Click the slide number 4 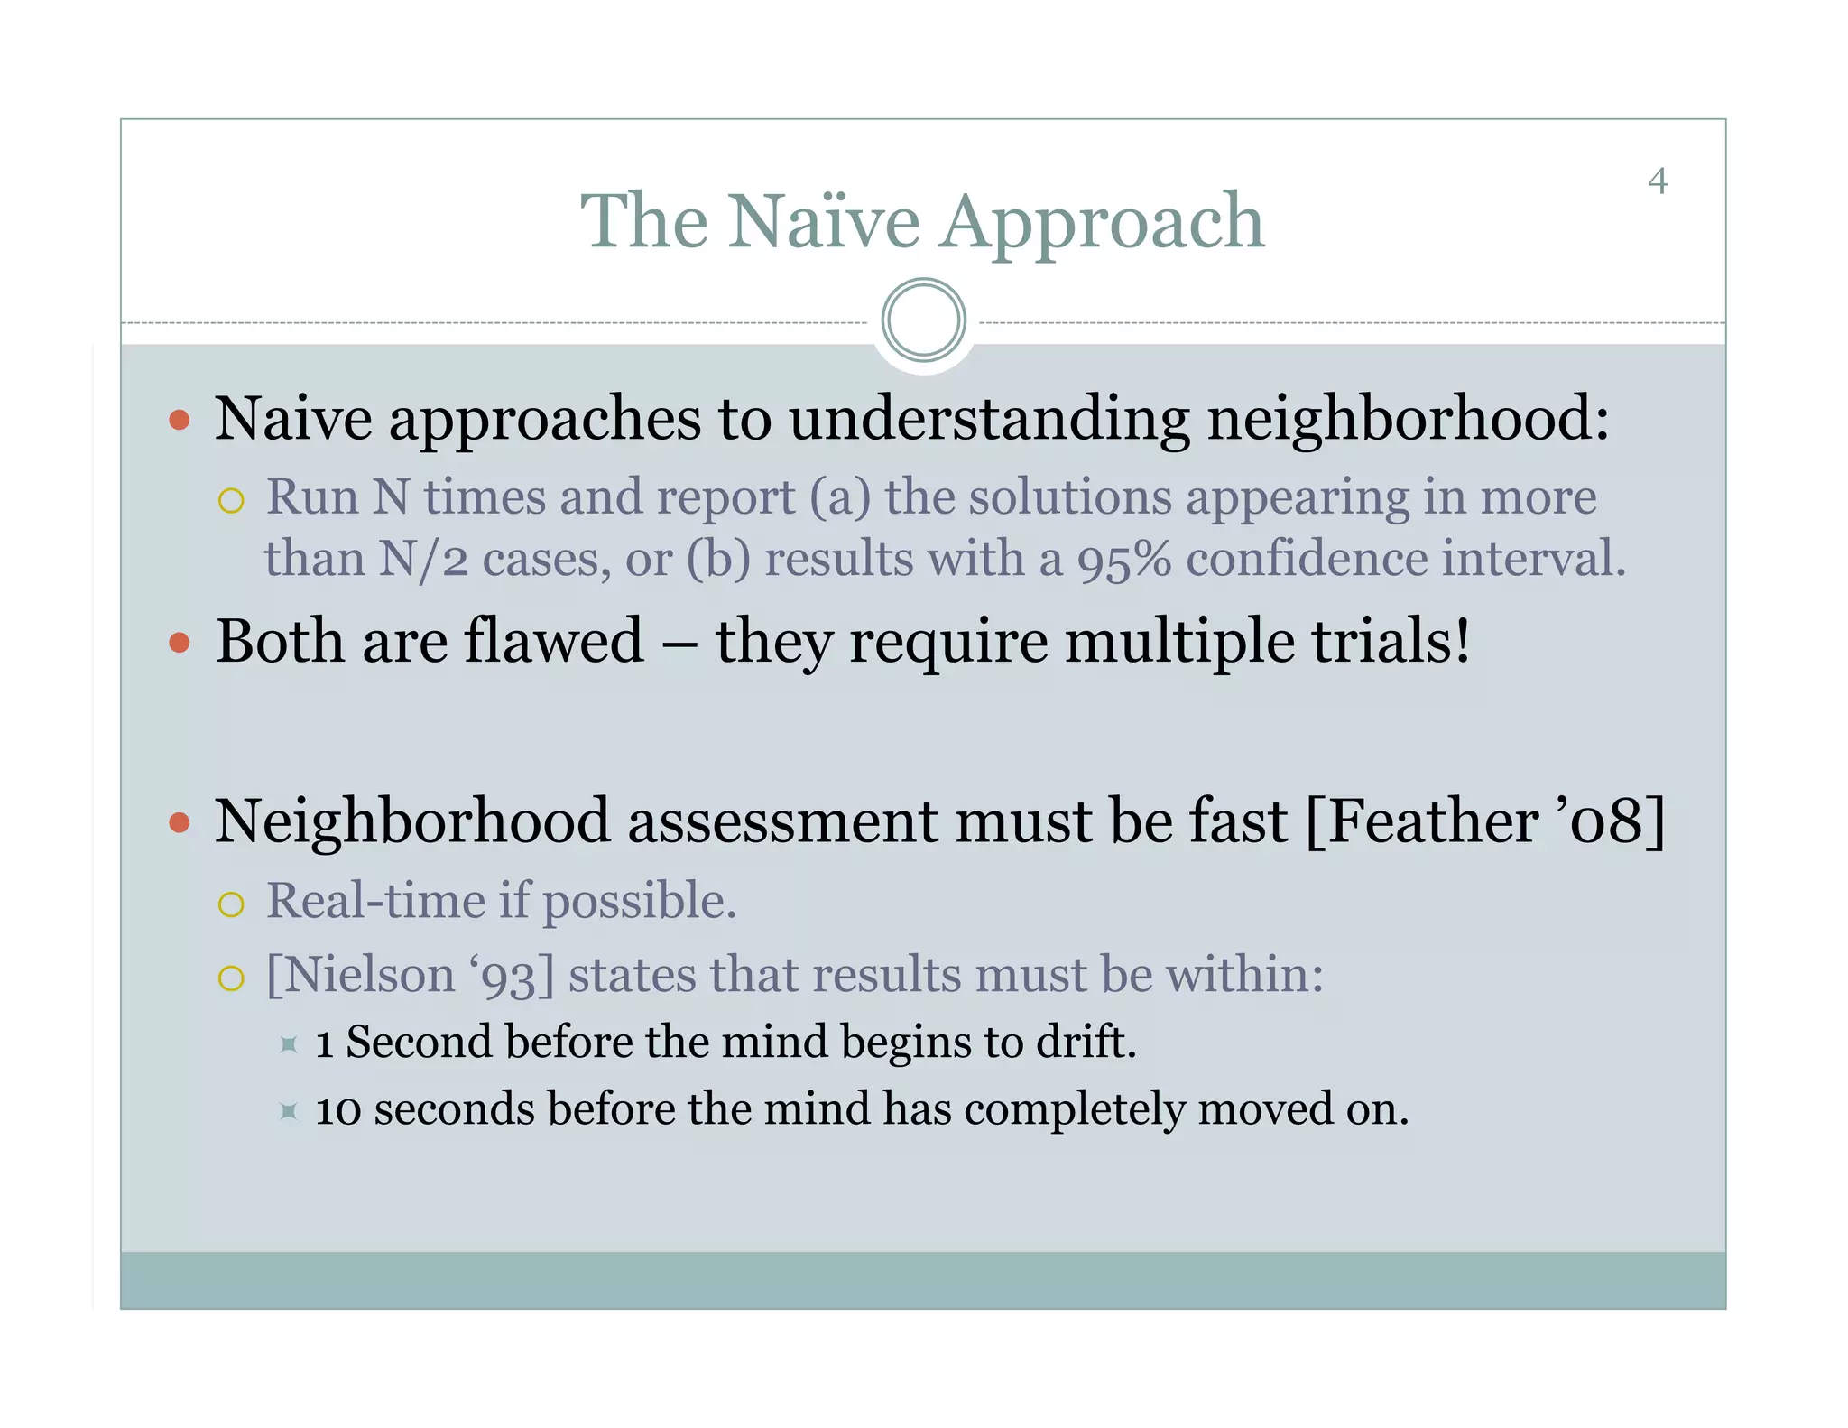pyautogui.click(x=1657, y=181)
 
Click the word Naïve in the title pyautogui.click(x=824, y=221)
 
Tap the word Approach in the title pyautogui.click(x=1102, y=223)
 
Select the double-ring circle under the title pyautogui.click(x=923, y=320)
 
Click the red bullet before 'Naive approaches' pyautogui.click(x=180, y=420)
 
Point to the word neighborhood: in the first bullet pyautogui.click(x=1408, y=420)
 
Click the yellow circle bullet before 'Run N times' pyautogui.click(x=231, y=501)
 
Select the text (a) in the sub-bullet pyautogui.click(x=839, y=498)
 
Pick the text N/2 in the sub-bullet pyautogui.click(x=423, y=560)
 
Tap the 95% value pyautogui.click(x=1123, y=560)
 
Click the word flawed pyautogui.click(x=553, y=641)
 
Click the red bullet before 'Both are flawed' pyautogui.click(x=180, y=643)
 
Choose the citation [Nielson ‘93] pyautogui.click(x=410, y=976)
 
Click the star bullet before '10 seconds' pyautogui.click(x=288, y=1111)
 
